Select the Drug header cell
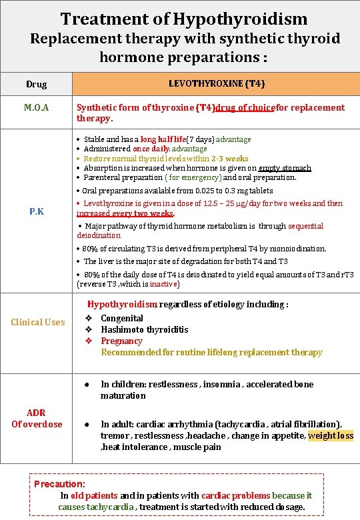36,84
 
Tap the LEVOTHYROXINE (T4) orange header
216,83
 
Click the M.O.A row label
36,107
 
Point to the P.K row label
37,211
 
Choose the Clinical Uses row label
38,322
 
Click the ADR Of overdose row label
36,418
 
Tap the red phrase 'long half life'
163,139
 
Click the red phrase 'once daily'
150,149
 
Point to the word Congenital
122,318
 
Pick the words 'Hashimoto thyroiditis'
145,329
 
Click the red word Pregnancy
121,341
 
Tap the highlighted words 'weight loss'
331,435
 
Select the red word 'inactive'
163,284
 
